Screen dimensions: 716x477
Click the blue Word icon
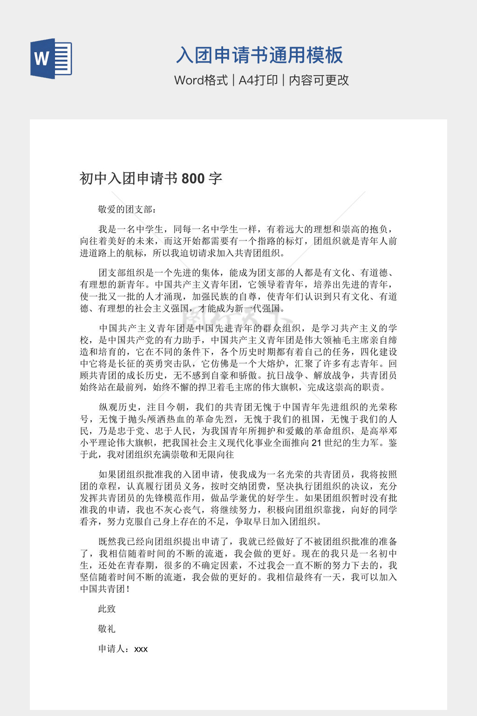51,59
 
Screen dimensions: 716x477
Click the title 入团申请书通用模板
259,55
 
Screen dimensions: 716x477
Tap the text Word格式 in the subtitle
201,80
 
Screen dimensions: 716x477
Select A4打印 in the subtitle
258,80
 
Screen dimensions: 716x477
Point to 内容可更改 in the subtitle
319,80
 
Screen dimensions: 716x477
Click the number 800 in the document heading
193,179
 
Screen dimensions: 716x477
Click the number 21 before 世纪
316,442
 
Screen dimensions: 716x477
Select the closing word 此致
107,609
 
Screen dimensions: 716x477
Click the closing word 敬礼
107,629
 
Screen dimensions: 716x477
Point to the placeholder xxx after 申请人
141,649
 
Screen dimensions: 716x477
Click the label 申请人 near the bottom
112,649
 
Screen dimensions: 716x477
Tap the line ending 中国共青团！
105,589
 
